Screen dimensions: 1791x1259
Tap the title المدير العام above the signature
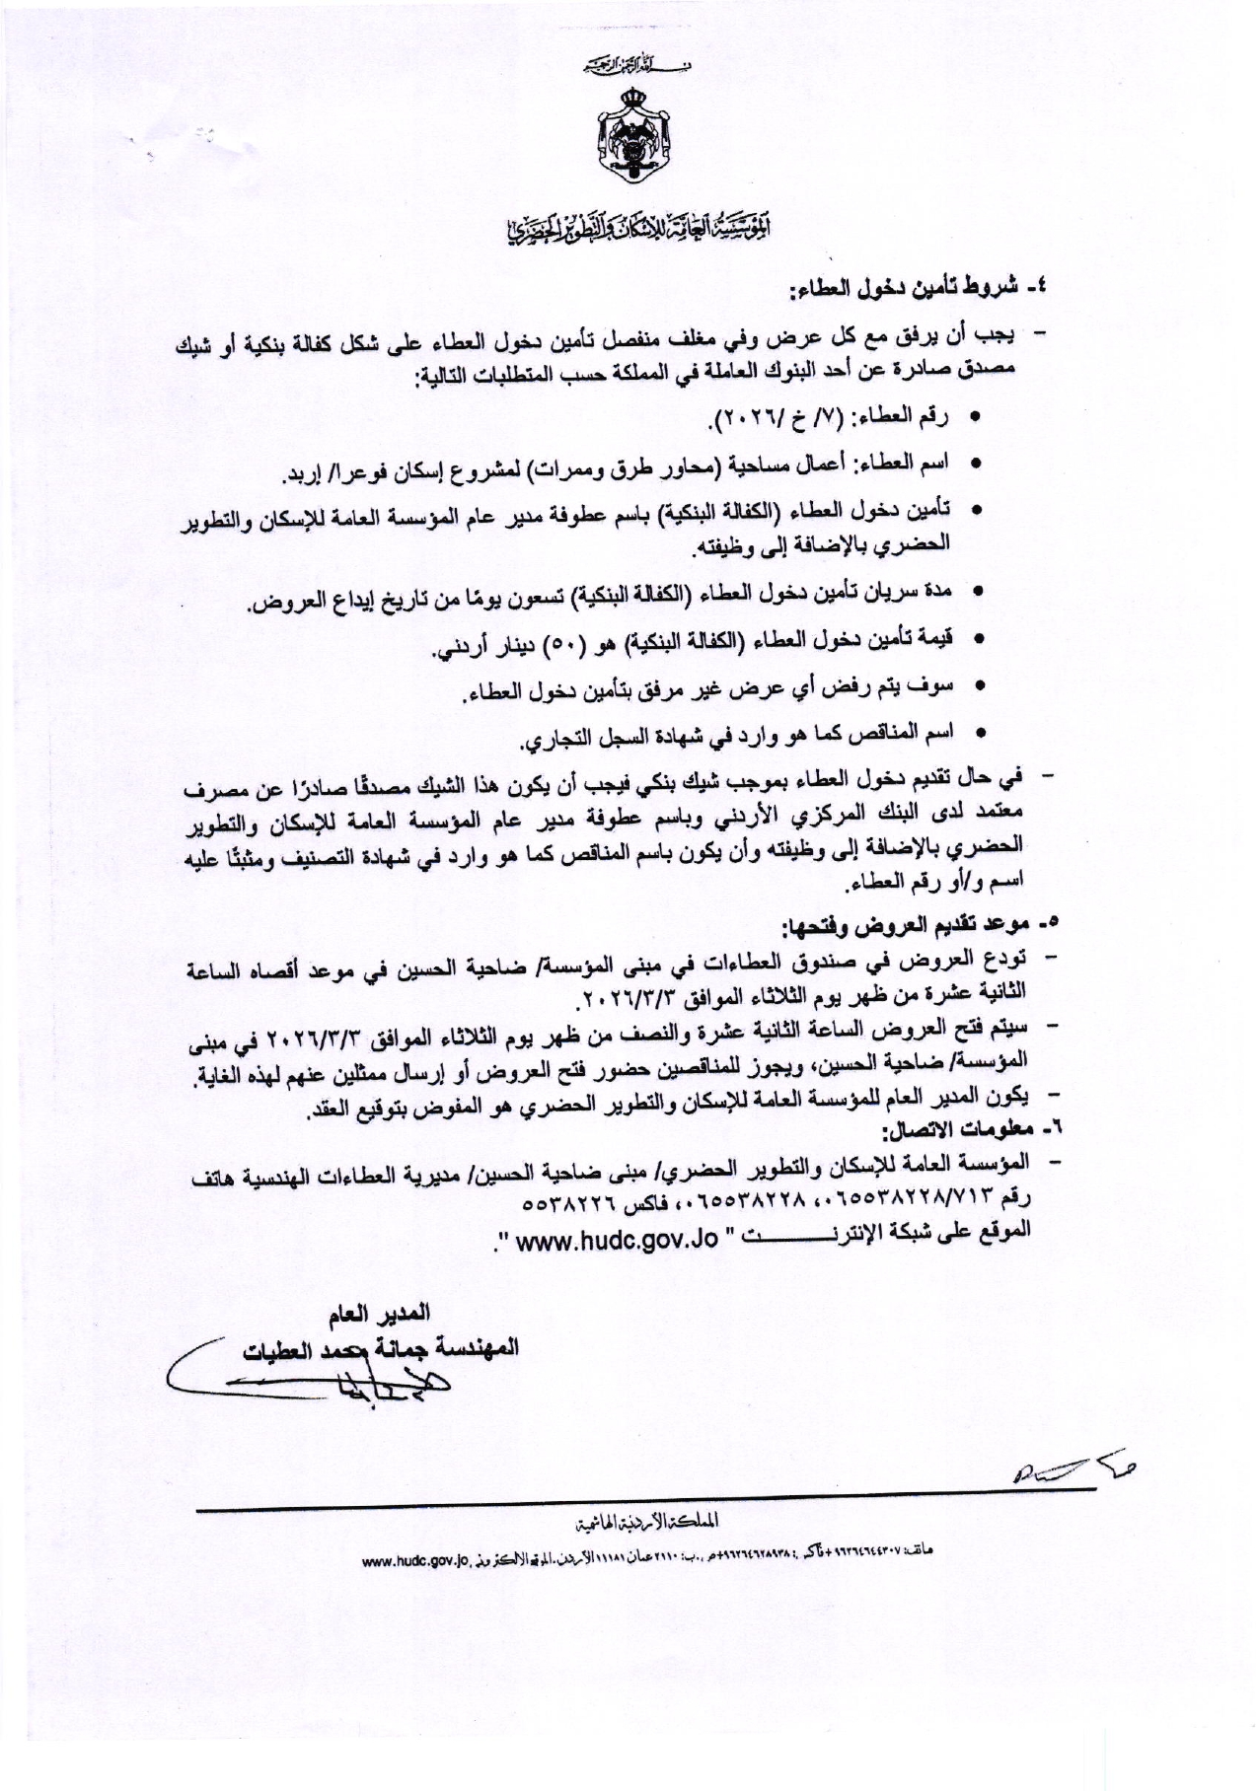click(379, 1314)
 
